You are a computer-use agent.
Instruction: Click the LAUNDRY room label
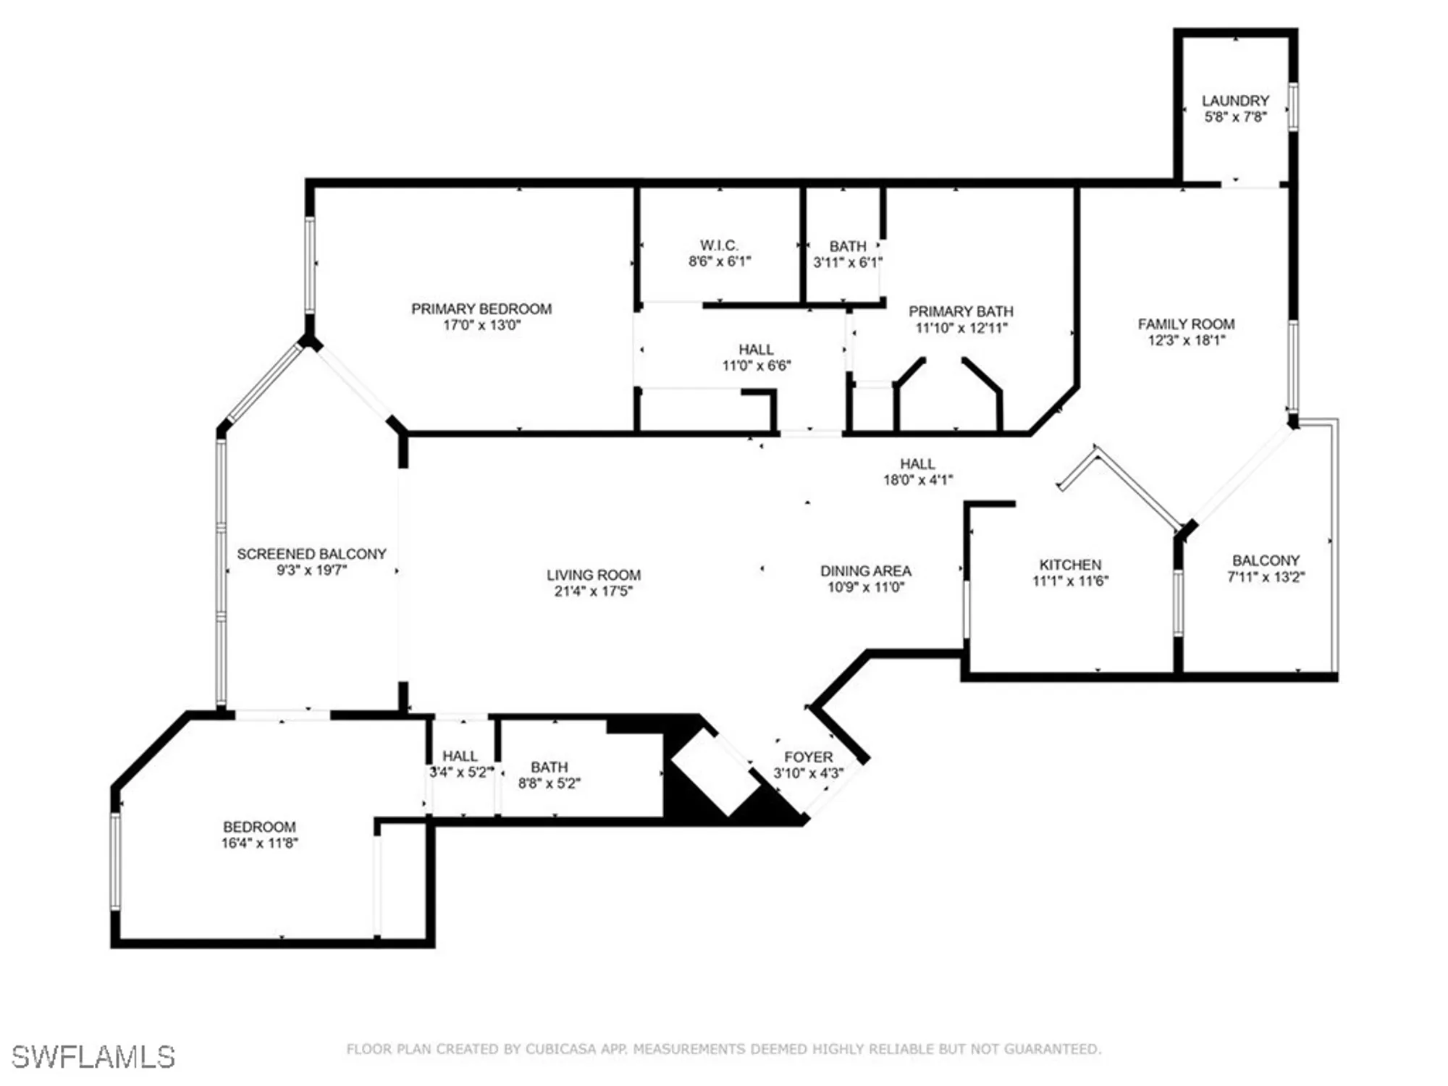tap(1235, 101)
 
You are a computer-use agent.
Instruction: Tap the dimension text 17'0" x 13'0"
tap(481, 325)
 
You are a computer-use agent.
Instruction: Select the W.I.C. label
tap(719, 245)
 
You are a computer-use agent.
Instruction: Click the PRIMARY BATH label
tap(961, 311)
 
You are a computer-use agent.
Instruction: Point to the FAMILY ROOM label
tap(1186, 324)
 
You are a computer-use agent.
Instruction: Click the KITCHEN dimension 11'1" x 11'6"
tap(1070, 581)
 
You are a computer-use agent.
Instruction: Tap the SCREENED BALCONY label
tap(311, 554)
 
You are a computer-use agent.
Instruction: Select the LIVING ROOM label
tap(593, 575)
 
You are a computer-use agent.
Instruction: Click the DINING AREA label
tap(865, 571)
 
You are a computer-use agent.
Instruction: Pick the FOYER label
tap(808, 757)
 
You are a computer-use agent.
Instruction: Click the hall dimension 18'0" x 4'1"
tap(917, 479)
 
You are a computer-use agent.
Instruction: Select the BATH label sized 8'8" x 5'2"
tap(549, 767)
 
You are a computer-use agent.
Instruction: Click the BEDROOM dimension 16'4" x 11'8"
tap(259, 843)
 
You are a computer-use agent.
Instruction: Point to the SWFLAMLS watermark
tap(93, 1057)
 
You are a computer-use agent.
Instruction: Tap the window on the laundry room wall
tap(1293, 107)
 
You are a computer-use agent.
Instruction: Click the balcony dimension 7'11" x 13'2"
tap(1266, 577)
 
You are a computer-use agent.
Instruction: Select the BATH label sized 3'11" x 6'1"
tap(847, 246)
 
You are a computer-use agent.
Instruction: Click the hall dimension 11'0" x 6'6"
tap(756, 366)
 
